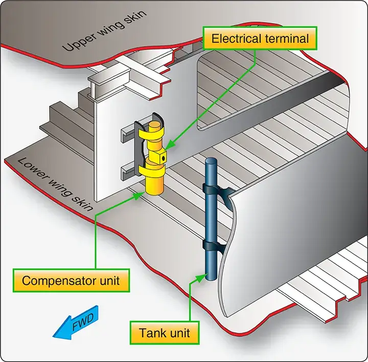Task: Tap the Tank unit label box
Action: (165, 333)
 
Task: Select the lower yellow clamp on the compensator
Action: (152, 169)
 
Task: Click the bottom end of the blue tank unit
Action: (212, 277)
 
